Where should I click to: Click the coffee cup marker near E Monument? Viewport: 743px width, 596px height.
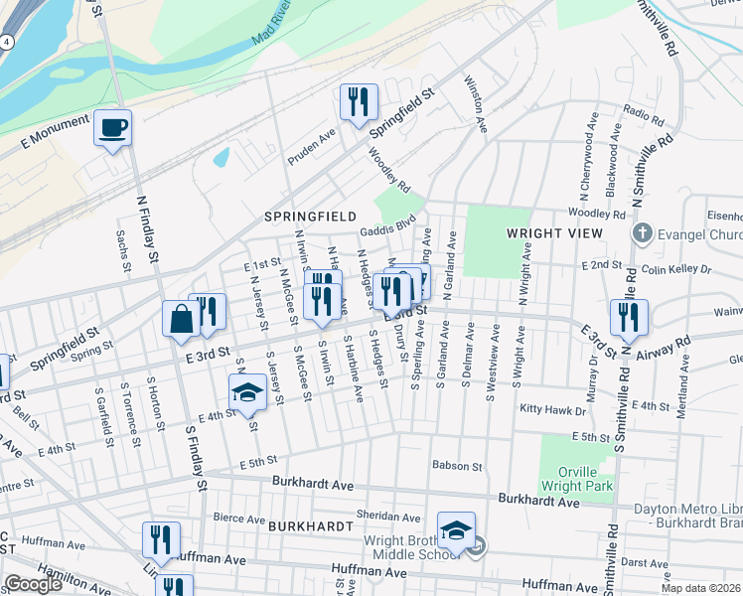point(112,128)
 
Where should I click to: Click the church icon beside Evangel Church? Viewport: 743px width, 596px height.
point(642,234)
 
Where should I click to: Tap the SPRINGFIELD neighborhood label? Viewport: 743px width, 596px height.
point(310,216)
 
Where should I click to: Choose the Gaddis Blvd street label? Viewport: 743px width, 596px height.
point(387,228)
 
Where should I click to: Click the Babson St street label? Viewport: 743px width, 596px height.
point(457,465)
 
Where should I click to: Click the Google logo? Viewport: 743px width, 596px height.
point(33,584)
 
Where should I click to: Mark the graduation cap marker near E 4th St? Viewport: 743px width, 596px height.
point(247,392)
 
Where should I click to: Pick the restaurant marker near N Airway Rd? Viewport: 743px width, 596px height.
point(628,317)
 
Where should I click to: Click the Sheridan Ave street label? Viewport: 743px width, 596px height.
point(388,517)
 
